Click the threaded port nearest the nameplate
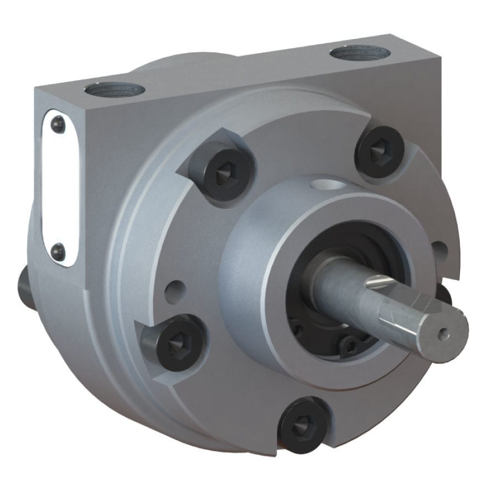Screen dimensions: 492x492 pyautogui.click(x=115, y=89)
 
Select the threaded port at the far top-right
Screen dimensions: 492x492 pyautogui.click(x=360, y=54)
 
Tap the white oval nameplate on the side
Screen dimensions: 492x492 pyautogui.click(x=59, y=188)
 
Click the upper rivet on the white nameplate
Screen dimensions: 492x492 pyautogui.click(x=58, y=126)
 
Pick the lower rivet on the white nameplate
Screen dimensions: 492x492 pyautogui.click(x=58, y=252)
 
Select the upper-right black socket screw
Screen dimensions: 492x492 pyautogui.click(x=380, y=151)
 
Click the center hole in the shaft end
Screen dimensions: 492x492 pyautogui.click(x=441, y=334)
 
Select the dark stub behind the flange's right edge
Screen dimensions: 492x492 pyautogui.click(x=444, y=292)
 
